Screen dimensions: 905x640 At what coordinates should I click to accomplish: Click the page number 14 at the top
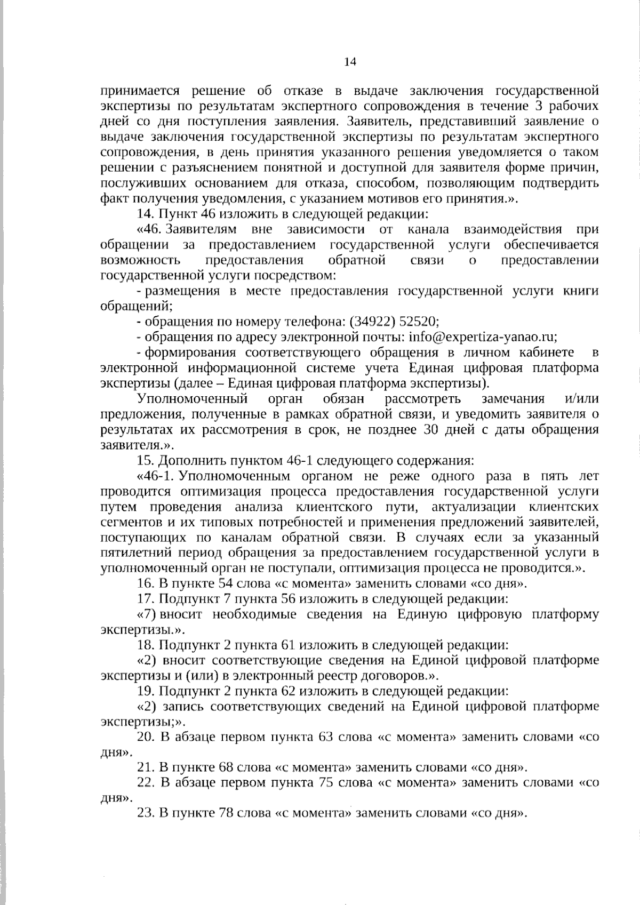[x=350, y=62]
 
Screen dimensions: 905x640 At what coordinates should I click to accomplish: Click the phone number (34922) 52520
[x=394, y=322]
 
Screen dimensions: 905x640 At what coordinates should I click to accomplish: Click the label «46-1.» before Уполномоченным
[x=157, y=476]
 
